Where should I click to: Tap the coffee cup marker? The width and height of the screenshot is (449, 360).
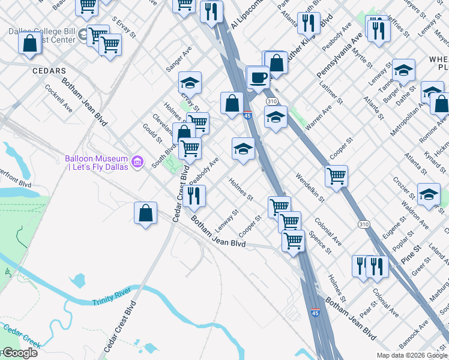pos(258,78)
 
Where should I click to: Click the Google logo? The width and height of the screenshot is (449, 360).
pos(19,353)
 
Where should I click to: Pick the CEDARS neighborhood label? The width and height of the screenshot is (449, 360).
pos(49,71)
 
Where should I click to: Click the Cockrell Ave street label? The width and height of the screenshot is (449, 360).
pos(59,98)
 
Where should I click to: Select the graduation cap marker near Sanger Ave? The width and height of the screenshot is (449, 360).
pos(190,83)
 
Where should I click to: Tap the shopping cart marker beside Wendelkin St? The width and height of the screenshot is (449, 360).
pos(336,176)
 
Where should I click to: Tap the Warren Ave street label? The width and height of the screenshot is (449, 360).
pos(318,118)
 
